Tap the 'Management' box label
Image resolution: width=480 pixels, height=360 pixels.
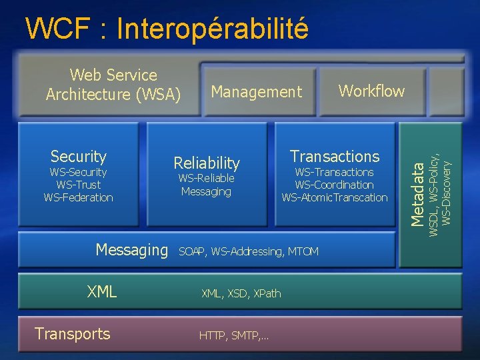[x=256, y=92]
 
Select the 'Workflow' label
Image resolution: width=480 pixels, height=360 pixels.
[x=371, y=91]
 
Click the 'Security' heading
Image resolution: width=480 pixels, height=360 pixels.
[x=79, y=157]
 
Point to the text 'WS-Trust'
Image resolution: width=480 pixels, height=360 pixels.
[x=79, y=185]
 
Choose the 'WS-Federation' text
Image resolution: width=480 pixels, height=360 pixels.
[x=79, y=197]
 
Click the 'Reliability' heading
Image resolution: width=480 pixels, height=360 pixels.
[x=206, y=163]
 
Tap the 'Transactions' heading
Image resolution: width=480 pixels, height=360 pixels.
[x=335, y=157]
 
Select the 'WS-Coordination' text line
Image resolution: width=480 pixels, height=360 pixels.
[x=335, y=185]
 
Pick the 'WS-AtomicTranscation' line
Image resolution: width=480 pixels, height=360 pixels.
[x=335, y=197]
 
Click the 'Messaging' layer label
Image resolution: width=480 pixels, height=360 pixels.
[x=132, y=250]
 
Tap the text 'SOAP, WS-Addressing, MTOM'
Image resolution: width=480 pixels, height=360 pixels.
[x=249, y=251]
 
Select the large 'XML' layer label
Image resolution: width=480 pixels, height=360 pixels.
[x=102, y=291]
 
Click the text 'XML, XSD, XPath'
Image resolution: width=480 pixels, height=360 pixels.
[x=241, y=293]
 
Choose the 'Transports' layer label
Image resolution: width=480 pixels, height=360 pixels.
[x=73, y=333]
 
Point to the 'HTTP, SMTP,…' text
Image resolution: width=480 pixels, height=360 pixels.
[x=234, y=335]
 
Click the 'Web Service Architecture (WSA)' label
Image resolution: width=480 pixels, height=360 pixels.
[x=113, y=85]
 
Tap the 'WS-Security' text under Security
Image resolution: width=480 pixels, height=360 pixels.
[x=79, y=172]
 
